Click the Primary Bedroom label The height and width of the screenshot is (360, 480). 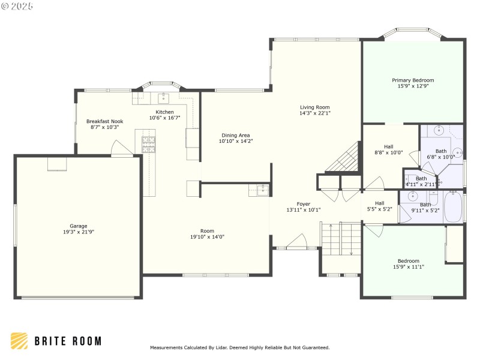[413, 80]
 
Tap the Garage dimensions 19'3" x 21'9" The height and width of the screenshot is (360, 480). [79, 232]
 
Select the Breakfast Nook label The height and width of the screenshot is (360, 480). [104, 121]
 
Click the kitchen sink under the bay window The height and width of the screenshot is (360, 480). [163, 98]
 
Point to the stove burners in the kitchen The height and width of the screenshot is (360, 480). [148, 144]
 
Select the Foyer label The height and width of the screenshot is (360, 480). [304, 204]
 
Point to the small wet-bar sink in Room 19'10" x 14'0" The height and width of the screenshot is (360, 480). [260, 191]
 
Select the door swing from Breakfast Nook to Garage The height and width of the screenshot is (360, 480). [124, 149]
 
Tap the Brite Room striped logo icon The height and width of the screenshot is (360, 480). [19, 341]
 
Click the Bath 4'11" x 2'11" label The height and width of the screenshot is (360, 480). [421, 178]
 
